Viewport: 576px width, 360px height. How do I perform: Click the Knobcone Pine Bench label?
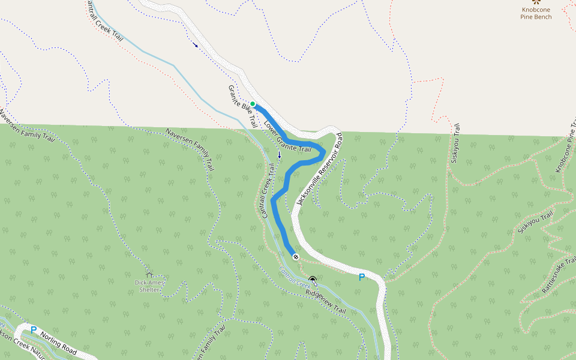click(x=536, y=13)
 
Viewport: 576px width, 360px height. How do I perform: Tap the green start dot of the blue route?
click(x=253, y=104)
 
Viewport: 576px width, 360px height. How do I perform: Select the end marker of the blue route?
click(x=296, y=256)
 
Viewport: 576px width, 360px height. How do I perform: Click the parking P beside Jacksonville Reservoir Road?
click(x=361, y=277)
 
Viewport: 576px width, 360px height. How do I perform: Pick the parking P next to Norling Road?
click(x=34, y=330)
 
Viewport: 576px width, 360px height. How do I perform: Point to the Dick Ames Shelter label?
click(x=149, y=286)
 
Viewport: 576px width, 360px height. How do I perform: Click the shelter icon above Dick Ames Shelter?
click(x=149, y=273)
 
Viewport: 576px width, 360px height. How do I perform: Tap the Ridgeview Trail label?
click(x=326, y=302)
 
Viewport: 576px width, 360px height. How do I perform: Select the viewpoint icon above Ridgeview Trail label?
click(x=313, y=280)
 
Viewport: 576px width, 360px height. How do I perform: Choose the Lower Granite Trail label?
click(x=287, y=136)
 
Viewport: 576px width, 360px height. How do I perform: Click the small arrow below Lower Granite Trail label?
click(x=279, y=155)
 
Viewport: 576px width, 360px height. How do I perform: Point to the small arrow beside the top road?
click(x=195, y=44)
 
